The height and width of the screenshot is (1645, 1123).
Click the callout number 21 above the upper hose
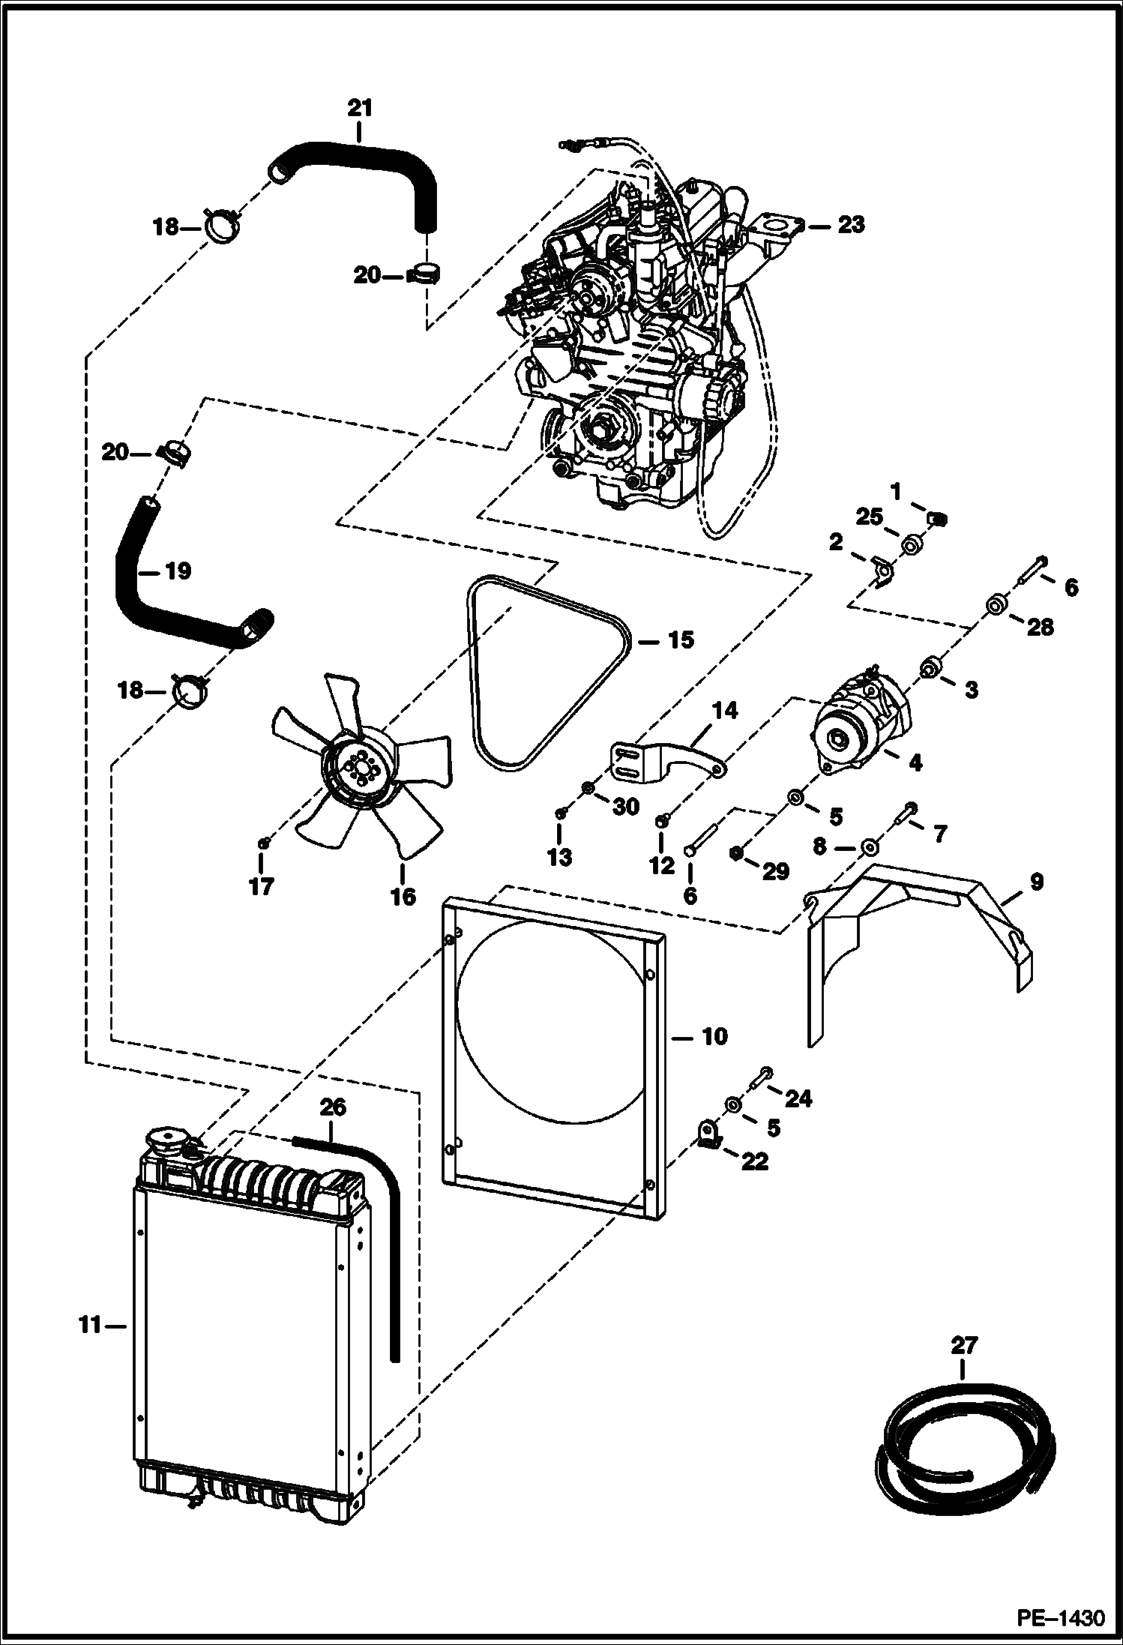coord(359,108)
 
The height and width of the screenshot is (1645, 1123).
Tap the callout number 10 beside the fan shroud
coord(714,1036)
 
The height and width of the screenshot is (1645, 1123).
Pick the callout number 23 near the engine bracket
coord(850,224)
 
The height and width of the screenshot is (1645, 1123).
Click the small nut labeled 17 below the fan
coord(263,843)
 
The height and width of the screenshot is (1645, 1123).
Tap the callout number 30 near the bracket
coord(626,807)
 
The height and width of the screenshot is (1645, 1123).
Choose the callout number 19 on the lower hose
coord(178,571)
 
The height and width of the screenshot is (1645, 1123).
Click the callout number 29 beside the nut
coord(775,870)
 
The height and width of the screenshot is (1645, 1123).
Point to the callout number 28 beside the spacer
coord(1041,627)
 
